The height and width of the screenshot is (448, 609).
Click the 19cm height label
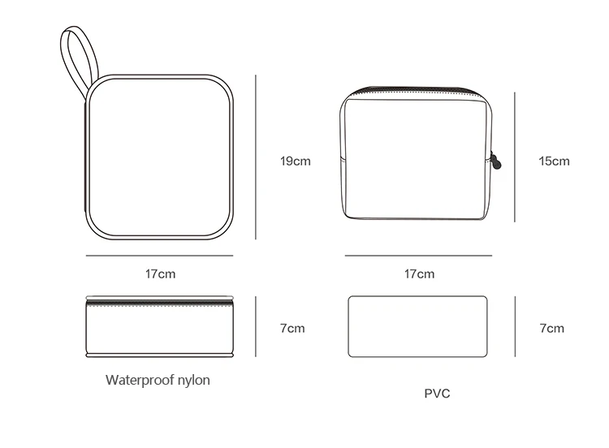[x=296, y=162]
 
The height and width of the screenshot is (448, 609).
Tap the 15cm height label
[x=554, y=162]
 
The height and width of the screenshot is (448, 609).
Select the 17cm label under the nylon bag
[x=160, y=274]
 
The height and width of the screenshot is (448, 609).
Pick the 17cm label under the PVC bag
[x=419, y=274]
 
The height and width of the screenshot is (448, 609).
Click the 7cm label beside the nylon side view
[x=292, y=329]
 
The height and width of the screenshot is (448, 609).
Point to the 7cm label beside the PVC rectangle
[x=551, y=329]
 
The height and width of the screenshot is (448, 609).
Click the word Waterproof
[x=140, y=380]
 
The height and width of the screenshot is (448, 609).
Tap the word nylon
[x=193, y=381]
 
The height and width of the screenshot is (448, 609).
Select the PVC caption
[x=437, y=394]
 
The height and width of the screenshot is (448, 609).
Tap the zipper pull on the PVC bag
[x=495, y=162]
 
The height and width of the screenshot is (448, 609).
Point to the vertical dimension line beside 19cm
[x=256, y=157]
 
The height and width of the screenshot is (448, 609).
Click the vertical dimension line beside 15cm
[x=515, y=157]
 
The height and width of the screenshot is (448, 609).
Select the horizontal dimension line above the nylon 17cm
[x=160, y=256]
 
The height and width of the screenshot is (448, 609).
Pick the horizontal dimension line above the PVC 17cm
[x=418, y=256]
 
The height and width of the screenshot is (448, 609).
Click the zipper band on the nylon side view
[x=160, y=302]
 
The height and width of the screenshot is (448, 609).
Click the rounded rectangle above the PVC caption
[x=417, y=296]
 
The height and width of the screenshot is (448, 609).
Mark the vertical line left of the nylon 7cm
[x=256, y=326]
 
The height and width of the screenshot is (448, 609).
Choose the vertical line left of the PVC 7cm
[x=515, y=326]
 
